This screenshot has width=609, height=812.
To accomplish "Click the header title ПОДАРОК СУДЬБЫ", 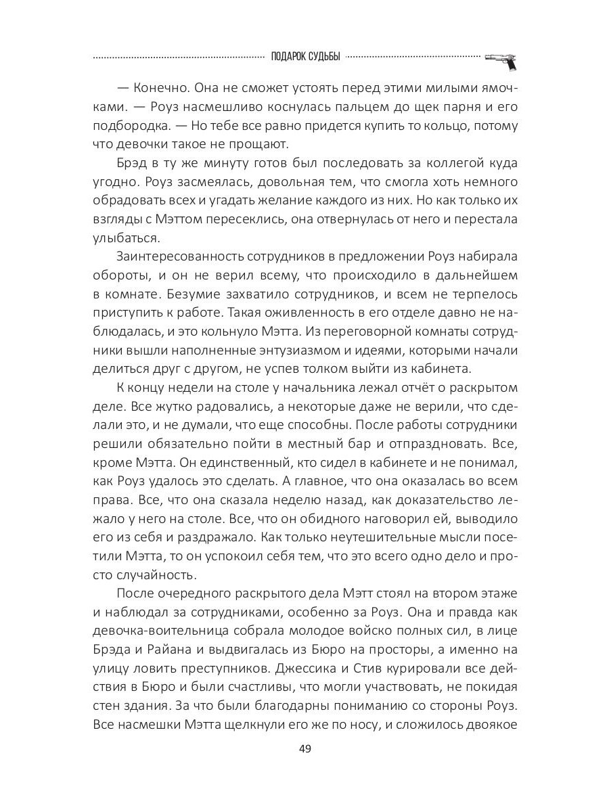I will click(304, 57).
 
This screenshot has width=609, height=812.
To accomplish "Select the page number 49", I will click(304, 750).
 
